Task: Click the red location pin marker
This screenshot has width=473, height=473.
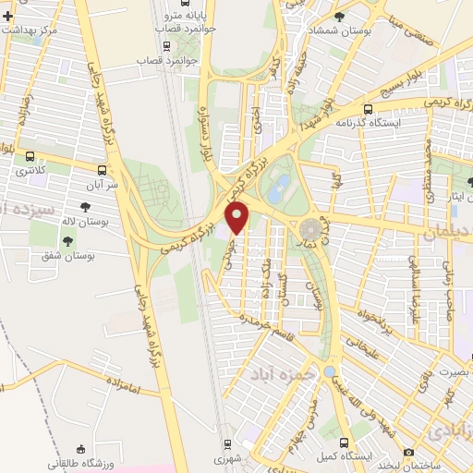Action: [238, 217]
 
